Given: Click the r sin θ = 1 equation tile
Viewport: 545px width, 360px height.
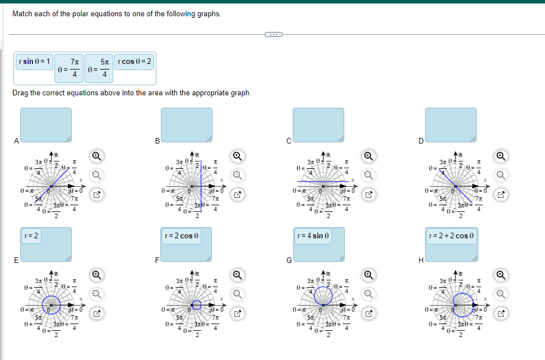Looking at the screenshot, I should coord(35,61).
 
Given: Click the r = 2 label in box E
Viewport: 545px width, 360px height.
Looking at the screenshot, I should coord(31,236).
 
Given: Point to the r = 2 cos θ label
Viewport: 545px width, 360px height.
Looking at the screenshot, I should coord(181,236).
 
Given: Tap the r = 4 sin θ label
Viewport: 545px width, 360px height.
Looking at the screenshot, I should coord(315,236).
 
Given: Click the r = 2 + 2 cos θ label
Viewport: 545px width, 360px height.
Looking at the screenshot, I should coord(452,236).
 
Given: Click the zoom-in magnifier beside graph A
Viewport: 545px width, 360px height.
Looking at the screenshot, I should coord(96,155).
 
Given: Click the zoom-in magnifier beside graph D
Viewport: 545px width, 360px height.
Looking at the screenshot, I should coord(501,155).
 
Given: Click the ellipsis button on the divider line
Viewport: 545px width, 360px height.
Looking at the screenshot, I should coord(273,35).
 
